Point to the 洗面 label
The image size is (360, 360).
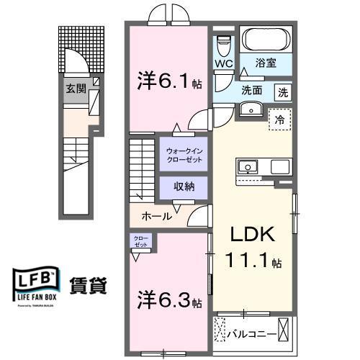tap(251, 92)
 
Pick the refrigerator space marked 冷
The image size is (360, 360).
tap(280, 120)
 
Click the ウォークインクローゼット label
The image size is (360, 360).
tap(184, 155)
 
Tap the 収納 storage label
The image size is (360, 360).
tap(184, 186)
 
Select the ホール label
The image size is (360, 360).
tap(156, 215)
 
